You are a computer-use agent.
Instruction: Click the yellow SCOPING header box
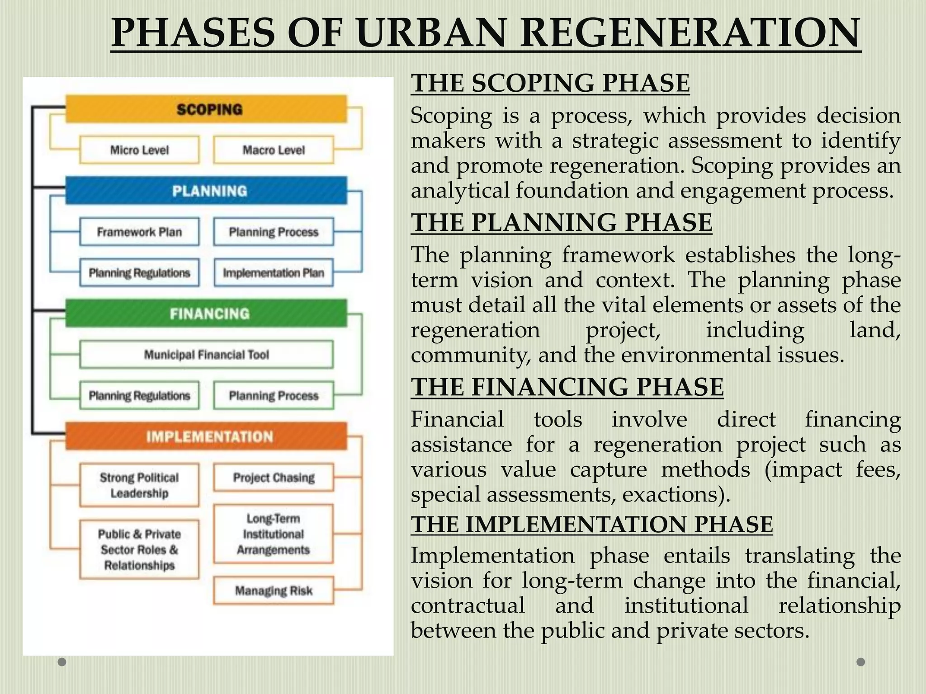(206, 109)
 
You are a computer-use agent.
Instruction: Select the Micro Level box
(139, 150)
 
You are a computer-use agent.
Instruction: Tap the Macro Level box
(274, 150)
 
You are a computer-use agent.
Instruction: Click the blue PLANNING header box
(206, 191)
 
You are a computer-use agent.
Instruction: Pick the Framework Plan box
(139, 232)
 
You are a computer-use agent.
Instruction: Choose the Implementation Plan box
(274, 273)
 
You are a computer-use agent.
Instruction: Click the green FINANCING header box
(206, 314)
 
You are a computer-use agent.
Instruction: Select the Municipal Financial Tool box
(206, 355)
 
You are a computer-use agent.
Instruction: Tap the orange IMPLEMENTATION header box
(206, 436)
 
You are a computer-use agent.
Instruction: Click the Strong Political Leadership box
(139, 485)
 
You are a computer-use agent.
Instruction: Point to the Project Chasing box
(274, 478)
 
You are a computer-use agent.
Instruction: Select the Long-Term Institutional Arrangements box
(274, 534)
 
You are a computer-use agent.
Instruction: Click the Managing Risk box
(274, 591)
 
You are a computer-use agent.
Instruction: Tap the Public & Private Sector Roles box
(139, 549)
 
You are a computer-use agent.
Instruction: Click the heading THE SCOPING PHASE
(550, 83)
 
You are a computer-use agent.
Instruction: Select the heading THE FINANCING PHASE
(567, 387)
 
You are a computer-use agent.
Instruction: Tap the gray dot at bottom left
(62, 662)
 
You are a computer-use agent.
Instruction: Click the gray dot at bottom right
(861, 662)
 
